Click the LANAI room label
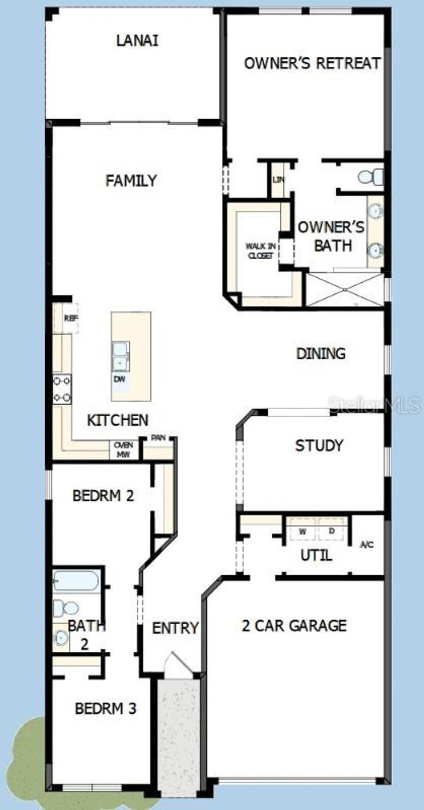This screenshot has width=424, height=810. pos(137,41)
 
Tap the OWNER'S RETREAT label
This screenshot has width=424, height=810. pos(312,63)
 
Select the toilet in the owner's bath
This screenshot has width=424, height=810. pos(371,177)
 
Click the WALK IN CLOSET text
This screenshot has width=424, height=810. pos(260,251)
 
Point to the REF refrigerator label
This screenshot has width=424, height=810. pos(71,318)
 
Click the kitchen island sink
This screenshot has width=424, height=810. pos(121,356)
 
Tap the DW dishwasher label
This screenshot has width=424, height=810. pos(120,379)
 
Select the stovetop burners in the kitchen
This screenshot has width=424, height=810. pos(62,389)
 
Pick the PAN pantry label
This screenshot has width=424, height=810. pos(158,437)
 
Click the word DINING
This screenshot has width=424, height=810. pos(321,353)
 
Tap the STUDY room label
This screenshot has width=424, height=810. pos(319,445)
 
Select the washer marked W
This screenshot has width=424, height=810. pos(302,531)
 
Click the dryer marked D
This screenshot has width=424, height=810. pos(332,531)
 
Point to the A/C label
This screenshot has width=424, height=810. pos(367,545)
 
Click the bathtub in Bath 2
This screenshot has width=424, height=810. pos(76,581)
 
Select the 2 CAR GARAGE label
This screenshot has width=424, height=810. pos(294,625)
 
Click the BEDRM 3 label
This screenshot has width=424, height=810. pos(106,708)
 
